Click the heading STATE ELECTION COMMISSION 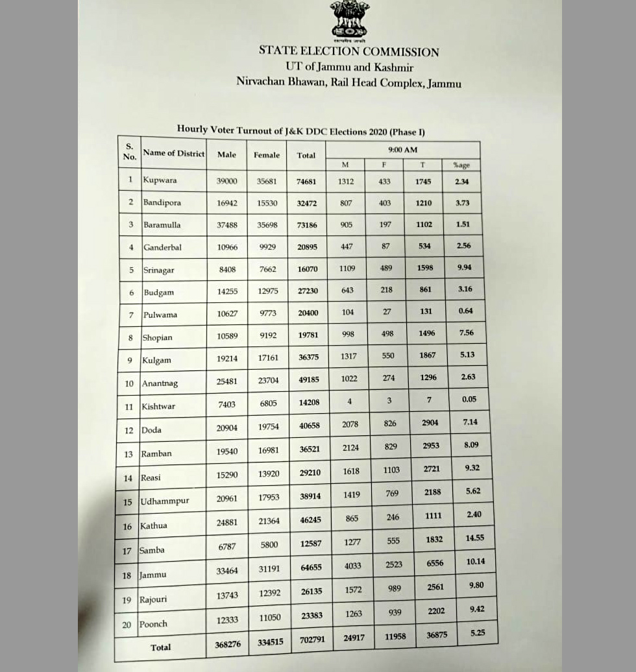[349, 51]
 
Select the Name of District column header [173, 153]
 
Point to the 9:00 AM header [402, 150]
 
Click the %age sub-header [461, 165]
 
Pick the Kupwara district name [160, 180]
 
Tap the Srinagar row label [158, 270]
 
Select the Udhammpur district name [165, 502]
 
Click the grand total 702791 [311, 640]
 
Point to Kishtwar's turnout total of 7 [429, 400]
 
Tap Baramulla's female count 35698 [267, 224]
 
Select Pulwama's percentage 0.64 [465, 311]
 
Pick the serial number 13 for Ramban [128, 454]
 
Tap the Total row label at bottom [160, 647]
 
